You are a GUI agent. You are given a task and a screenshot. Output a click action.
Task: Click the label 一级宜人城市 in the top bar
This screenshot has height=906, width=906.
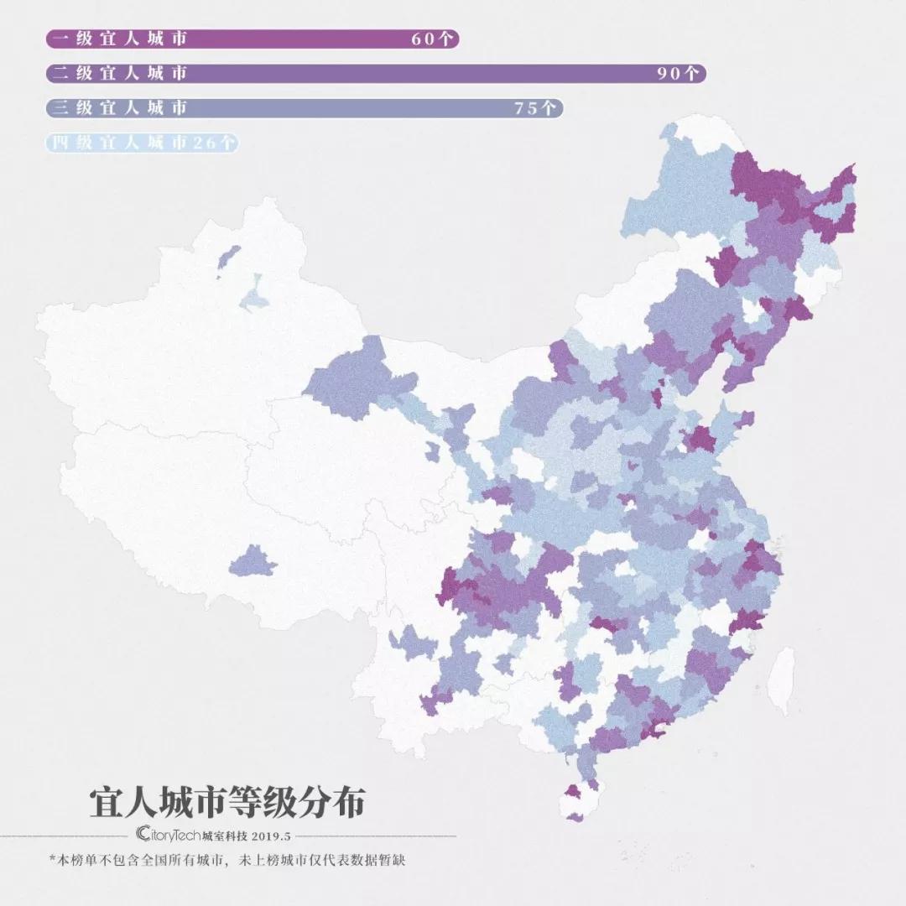click(117, 39)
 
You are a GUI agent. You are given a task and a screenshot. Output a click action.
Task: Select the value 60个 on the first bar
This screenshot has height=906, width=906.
click(432, 39)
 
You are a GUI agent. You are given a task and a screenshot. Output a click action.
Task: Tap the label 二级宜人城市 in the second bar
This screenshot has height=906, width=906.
click(117, 73)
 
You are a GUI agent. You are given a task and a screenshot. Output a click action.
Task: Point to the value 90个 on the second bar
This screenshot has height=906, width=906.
click(678, 73)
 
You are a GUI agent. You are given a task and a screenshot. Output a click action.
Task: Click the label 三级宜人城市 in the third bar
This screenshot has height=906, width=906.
click(117, 107)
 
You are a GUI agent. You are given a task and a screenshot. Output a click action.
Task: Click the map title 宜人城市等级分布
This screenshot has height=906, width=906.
click(227, 802)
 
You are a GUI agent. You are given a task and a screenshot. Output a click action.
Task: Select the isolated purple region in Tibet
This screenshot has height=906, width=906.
click(252, 561)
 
